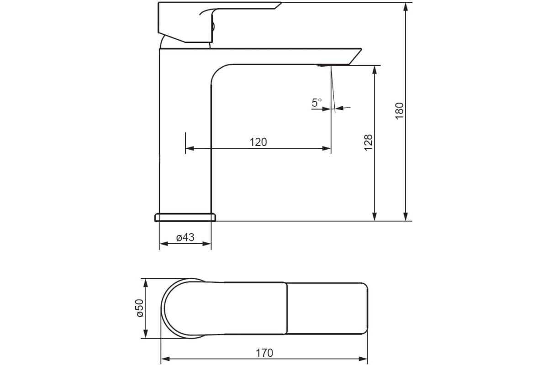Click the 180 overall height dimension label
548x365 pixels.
[400, 111]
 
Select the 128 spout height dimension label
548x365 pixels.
[369, 143]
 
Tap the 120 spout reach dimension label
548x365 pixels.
[258, 142]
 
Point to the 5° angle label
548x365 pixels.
[317, 103]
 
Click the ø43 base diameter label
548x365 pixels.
[185, 237]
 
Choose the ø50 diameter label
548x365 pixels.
[140, 308]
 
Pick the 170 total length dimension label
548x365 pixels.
[264, 353]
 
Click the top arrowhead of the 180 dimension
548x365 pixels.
[406, 6]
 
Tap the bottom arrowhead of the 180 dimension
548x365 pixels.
[406, 217]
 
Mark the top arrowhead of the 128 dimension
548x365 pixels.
[374, 70]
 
